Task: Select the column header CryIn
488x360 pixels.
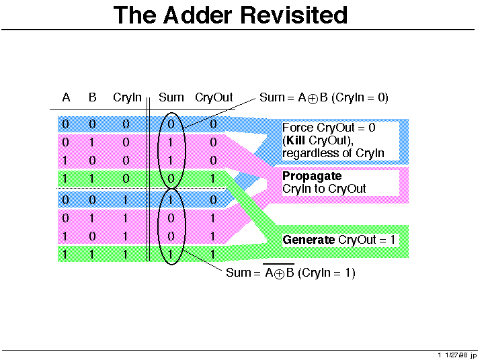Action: click(127, 97)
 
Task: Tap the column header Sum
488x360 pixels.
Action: click(171, 97)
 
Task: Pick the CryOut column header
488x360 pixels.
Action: click(214, 97)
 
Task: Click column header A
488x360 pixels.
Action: click(66, 97)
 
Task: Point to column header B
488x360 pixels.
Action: click(93, 97)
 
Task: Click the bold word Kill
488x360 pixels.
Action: click(295, 140)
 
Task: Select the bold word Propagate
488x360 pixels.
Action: click(312, 176)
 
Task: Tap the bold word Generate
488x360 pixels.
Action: click(309, 240)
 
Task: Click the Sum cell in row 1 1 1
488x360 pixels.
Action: click(171, 255)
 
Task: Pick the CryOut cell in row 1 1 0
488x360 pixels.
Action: click(213, 179)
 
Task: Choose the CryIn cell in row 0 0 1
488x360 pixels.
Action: click(126, 200)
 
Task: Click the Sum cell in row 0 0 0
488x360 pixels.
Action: click(171, 124)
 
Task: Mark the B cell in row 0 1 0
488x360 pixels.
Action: click(92, 142)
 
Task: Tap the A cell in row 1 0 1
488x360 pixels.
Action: click(65, 236)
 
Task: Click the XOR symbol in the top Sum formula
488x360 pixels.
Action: click(313, 99)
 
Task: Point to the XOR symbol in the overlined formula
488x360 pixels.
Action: click(279, 274)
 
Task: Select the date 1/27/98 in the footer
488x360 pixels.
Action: click(456, 355)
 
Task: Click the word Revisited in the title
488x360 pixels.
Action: click(294, 15)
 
